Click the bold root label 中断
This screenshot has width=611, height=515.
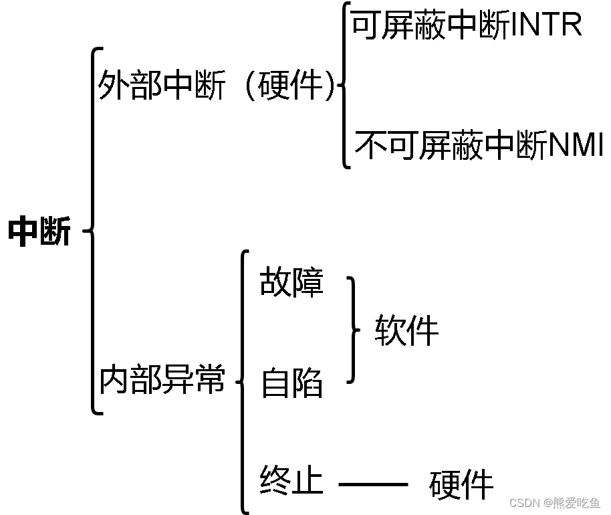coord(39,232)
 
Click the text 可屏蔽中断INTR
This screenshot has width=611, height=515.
coord(465,25)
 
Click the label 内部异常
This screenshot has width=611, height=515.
coord(162,380)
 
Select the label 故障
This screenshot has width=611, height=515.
coord(291,282)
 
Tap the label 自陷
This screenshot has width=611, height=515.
coord(291,383)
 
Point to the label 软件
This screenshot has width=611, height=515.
coord(406,330)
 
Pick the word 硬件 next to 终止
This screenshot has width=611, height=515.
coord(461,484)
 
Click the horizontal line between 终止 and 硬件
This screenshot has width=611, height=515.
coord(372,484)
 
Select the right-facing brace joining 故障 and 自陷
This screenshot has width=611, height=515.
coord(352,330)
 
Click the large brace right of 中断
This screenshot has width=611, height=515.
coord(92,231)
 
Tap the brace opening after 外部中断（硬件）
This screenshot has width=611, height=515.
coord(344,86)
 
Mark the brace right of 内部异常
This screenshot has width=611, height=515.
coord(243,381)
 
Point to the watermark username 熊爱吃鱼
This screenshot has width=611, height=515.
coord(578,502)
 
